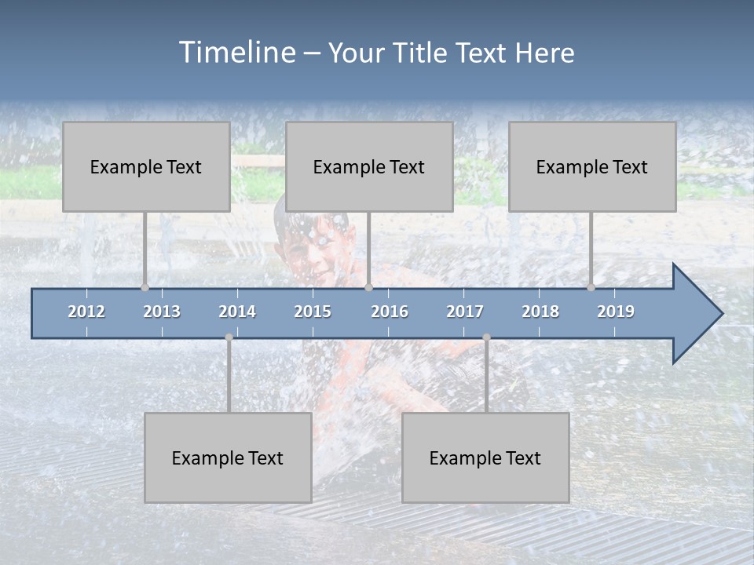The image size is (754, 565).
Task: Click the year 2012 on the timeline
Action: click(x=86, y=312)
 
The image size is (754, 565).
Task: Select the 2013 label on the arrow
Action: click(x=162, y=312)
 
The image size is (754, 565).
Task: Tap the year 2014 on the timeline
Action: click(x=237, y=312)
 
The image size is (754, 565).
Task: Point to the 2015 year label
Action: click(x=313, y=312)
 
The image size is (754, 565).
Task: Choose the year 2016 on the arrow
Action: click(x=390, y=312)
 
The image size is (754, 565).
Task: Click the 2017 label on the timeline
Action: click(x=465, y=312)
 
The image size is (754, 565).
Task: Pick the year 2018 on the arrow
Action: click(x=540, y=312)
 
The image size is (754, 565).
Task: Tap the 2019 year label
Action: click(x=616, y=312)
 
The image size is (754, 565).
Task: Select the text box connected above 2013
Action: click(x=146, y=166)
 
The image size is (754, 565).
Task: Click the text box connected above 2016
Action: click(x=369, y=166)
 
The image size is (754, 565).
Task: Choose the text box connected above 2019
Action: click(x=592, y=166)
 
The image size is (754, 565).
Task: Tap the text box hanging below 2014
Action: click(x=228, y=457)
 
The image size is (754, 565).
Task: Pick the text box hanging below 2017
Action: click(x=485, y=457)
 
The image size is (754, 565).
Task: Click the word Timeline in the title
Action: click(x=236, y=53)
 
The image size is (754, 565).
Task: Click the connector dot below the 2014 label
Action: click(x=229, y=337)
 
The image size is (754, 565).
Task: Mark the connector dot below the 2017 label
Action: click(x=486, y=337)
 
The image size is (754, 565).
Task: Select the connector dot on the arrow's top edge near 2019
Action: click(x=591, y=287)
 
